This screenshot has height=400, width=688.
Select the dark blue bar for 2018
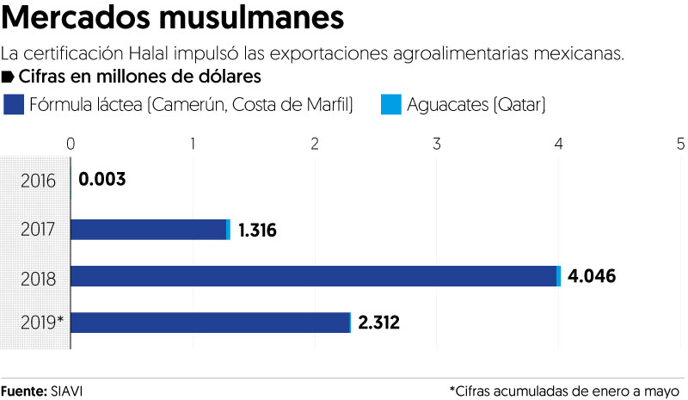(x=313, y=276)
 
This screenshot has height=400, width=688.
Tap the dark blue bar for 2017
(x=148, y=230)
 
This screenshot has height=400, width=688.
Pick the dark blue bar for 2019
(x=210, y=323)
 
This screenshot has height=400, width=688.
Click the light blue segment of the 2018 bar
(x=559, y=276)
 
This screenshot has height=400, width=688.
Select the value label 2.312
(x=379, y=323)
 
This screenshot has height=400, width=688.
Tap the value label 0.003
(x=102, y=181)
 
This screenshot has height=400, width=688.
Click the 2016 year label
(x=40, y=181)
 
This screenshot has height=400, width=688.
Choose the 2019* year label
(x=40, y=323)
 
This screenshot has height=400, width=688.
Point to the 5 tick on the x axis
(x=680, y=143)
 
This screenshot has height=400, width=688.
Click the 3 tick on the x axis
(x=437, y=143)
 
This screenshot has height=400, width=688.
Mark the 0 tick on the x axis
(x=71, y=143)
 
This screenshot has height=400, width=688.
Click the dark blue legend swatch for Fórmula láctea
(x=14, y=105)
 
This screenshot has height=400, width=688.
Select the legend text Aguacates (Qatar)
(x=476, y=105)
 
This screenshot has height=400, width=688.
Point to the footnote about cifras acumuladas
(x=564, y=391)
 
